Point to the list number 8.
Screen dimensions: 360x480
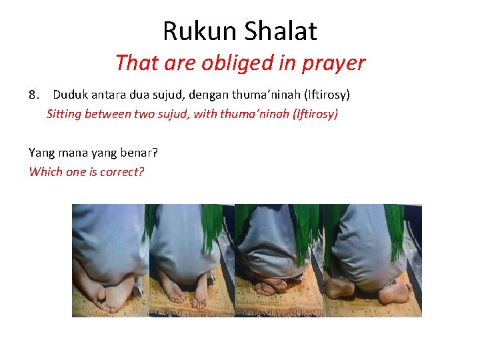35,95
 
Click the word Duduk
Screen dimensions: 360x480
71,95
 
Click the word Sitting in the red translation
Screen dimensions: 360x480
64,114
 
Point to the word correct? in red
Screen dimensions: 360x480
122,171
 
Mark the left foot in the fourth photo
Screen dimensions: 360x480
340,289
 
